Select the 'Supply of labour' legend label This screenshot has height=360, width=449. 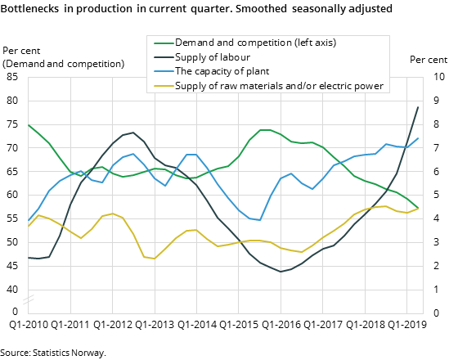click(213, 57)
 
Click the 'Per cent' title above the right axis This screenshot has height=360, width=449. click(428, 60)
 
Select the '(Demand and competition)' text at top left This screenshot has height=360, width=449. click(64, 64)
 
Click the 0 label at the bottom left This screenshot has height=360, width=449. click(15, 312)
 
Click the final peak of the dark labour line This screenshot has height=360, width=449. click(419, 107)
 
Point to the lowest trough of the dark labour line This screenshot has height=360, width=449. click(281, 272)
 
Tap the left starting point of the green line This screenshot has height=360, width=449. click(29, 125)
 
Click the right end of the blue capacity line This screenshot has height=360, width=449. click(419, 138)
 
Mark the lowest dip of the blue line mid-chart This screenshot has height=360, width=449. click(260, 220)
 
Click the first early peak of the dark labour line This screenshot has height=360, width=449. click(133, 133)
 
